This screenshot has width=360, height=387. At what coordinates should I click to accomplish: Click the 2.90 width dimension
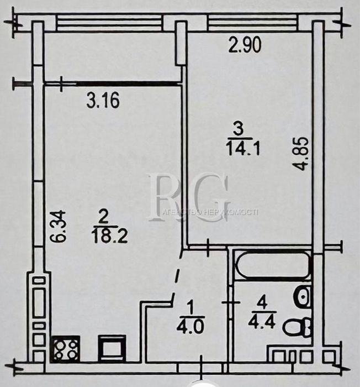(x=245, y=45)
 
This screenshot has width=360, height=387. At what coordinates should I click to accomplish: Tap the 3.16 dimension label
(x=103, y=101)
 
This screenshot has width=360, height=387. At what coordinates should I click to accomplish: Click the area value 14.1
(x=240, y=148)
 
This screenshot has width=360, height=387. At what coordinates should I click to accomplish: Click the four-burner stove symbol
(x=66, y=348)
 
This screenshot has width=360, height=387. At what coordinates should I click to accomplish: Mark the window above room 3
(x=260, y=23)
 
